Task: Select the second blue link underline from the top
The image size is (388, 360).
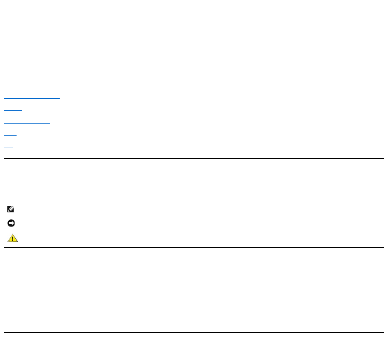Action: click(x=23, y=62)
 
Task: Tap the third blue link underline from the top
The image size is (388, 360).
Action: click(x=23, y=74)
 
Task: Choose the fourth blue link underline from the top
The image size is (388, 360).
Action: click(x=23, y=86)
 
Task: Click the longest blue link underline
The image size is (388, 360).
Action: click(x=32, y=98)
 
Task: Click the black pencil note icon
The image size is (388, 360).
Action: click(x=11, y=209)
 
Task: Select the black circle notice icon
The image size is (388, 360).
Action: click(x=11, y=224)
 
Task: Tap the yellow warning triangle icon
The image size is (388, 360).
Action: click(x=12, y=238)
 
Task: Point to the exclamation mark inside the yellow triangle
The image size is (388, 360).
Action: click(x=12, y=239)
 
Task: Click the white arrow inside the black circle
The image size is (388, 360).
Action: click(x=11, y=224)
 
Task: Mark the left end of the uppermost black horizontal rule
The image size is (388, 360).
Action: click(x=4, y=158)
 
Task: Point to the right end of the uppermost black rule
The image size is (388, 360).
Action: click(x=383, y=158)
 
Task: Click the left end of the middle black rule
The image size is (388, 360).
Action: click(x=4, y=248)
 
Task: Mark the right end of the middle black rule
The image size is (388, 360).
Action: click(x=383, y=248)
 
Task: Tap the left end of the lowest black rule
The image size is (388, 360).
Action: click(x=4, y=333)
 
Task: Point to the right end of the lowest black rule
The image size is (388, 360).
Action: click(x=383, y=333)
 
